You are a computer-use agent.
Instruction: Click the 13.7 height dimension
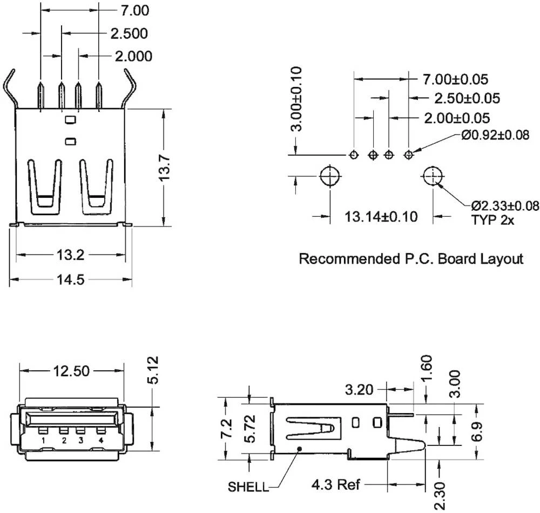pyautogui.click(x=165, y=168)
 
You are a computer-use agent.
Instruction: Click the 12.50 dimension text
pyautogui.click(x=71, y=371)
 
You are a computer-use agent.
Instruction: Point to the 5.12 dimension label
pyautogui.click(x=153, y=370)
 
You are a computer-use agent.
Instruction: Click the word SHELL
pyautogui.click(x=248, y=487)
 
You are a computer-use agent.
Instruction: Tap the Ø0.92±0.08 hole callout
pyautogui.click(x=495, y=135)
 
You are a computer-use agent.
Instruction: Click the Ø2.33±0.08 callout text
pyautogui.click(x=505, y=205)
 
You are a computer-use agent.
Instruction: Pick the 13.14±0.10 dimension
pyautogui.click(x=381, y=217)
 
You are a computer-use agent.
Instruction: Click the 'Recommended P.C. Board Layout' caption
pyautogui.click(x=411, y=259)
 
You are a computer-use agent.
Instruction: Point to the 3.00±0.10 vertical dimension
pyautogui.click(x=296, y=99)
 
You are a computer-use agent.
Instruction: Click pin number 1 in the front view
pyautogui.click(x=42, y=441)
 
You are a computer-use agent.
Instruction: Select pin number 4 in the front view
pyautogui.click(x=101, y=441)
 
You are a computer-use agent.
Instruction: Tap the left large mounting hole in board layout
pyautogui.click(x=329, y=176)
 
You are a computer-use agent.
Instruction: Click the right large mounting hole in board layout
pyautogui.click(x=433, y=176)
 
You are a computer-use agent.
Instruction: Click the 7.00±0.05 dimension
pyautogui.click(x=455, y=79)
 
